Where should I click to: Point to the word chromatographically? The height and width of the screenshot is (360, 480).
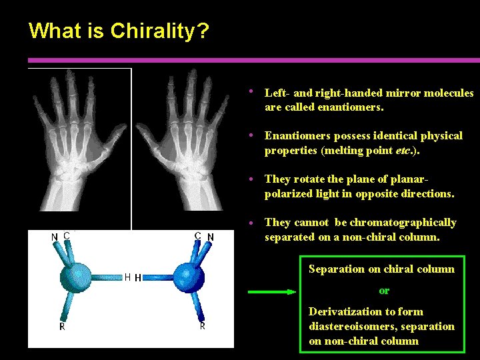click(407, 222)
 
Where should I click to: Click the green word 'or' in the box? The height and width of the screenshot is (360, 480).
click(384, 291)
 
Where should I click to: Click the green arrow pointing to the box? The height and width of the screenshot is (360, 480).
click(270, 291)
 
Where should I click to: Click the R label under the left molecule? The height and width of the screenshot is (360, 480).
click(62, 327)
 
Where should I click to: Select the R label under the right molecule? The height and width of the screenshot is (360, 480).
click(202, 326)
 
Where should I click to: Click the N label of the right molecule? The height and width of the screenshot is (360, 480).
click(211, 237)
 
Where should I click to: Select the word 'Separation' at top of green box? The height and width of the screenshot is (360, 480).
click(336, 269)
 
